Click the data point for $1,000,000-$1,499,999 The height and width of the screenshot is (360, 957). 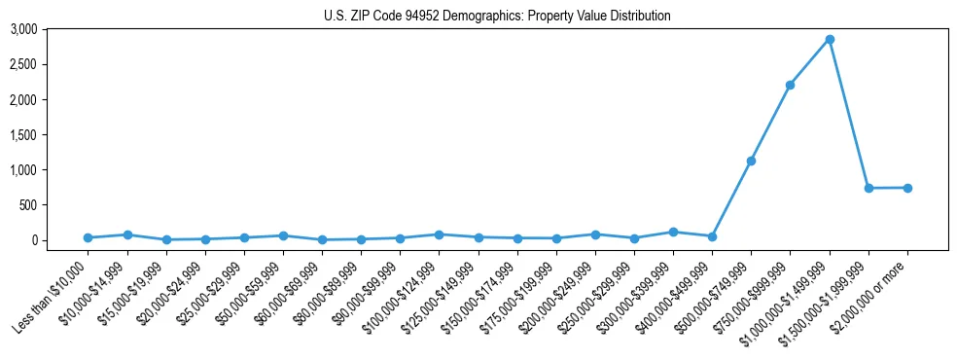tap(830, 39)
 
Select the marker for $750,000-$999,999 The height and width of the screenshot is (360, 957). tap(791, 85)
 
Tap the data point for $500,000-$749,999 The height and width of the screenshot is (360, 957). tap(751, 161)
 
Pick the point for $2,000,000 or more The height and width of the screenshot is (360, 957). tap(907, 188)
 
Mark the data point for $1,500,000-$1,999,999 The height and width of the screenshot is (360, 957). tap(868, 188)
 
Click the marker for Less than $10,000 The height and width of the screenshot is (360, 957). tap(88, 237)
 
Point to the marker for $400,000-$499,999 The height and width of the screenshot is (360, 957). tap(712, 236)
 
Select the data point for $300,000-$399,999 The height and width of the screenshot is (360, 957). tap(673, 232)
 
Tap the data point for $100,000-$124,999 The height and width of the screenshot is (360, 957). tap(440, 234)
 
